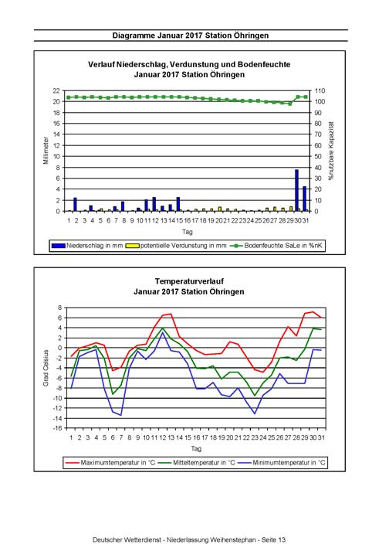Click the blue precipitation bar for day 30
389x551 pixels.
[296, 190]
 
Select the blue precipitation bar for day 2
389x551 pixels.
[75, 205]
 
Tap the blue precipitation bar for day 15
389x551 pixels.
[178, 204]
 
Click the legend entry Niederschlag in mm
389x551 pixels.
[87, 246]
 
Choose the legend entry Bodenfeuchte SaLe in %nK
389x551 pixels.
[276, 246]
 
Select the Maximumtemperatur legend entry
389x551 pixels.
[110, 462]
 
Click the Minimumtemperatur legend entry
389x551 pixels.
[282, 462]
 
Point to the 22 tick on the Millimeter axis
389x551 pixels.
[56, 90]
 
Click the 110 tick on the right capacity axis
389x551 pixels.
[320, 90]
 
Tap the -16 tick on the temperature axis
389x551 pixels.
[58, 428]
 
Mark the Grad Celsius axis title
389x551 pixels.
[46, 368]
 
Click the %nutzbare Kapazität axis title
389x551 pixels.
[331, 151]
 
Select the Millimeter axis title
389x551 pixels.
[46, 151]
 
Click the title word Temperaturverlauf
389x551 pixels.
[189, 281]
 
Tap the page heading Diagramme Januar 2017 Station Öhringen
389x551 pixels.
[191, 36]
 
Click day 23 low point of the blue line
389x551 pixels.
[255, 413]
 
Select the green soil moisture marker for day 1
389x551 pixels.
[69, 97]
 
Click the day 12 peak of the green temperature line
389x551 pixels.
[162, 328]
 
